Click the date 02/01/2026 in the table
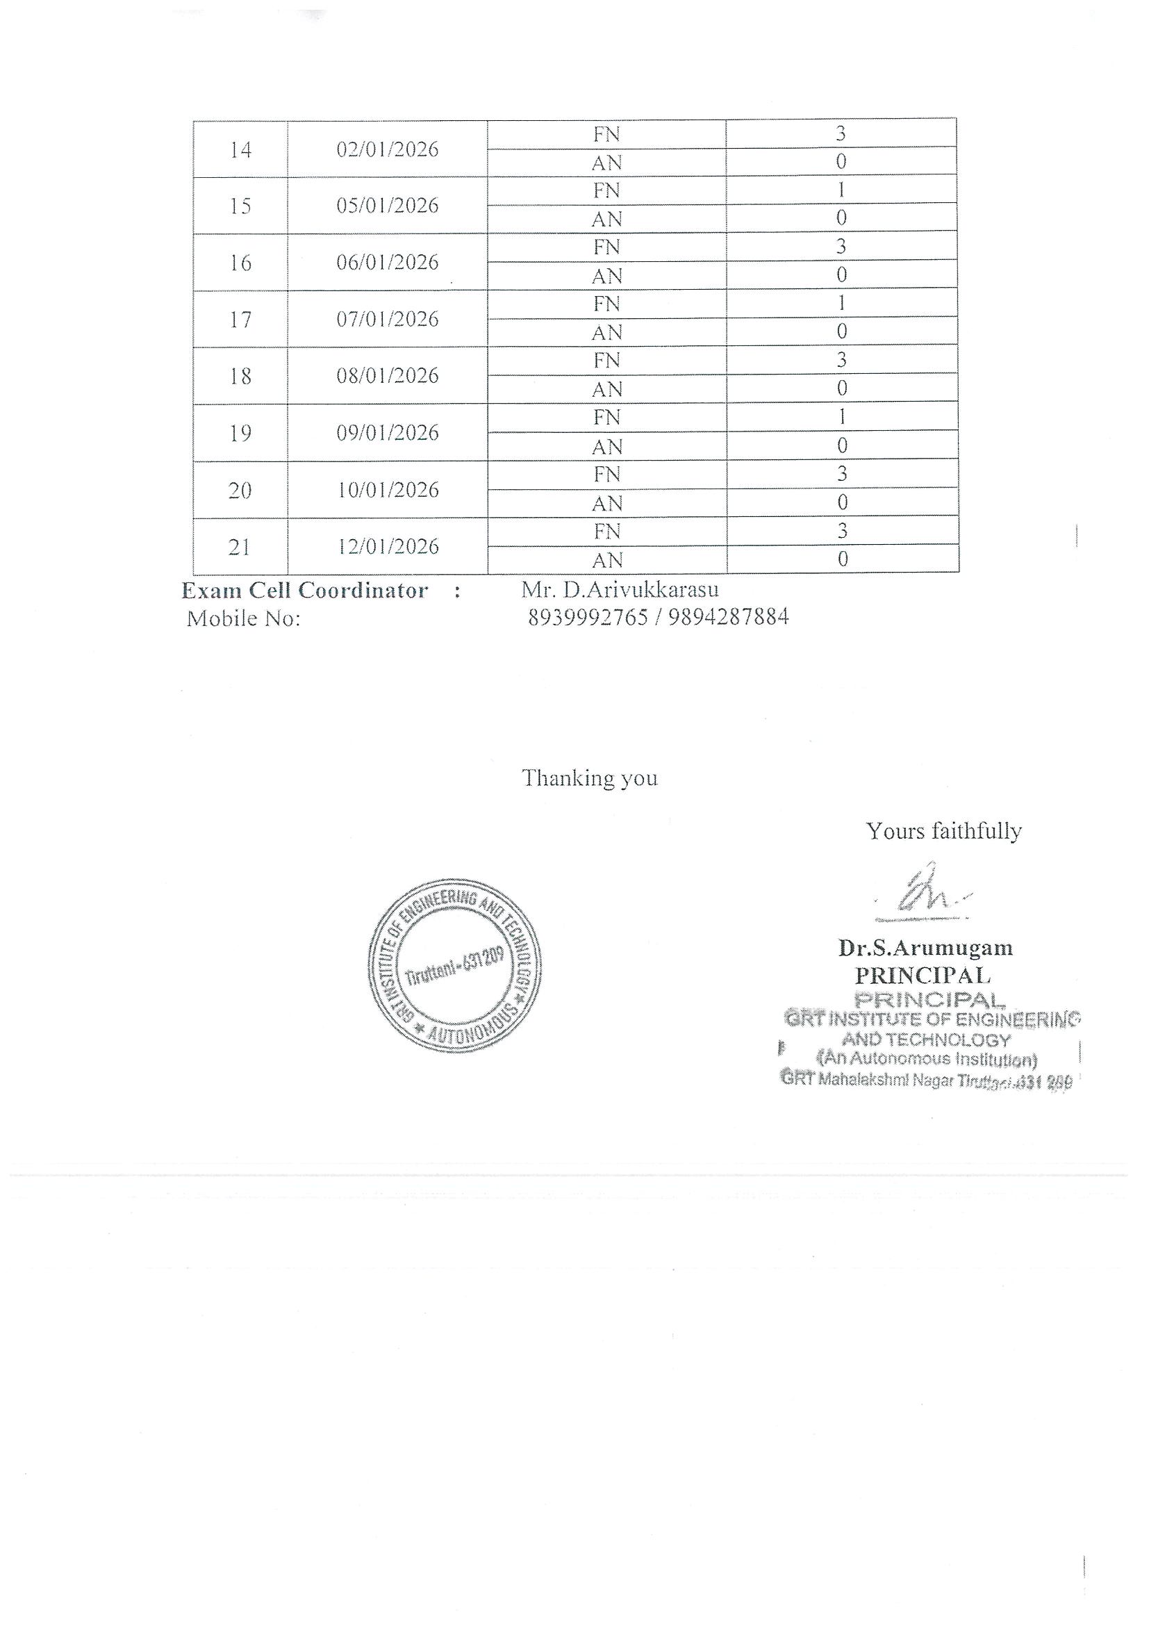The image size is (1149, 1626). pos(387,149)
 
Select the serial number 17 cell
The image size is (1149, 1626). pos(240,320)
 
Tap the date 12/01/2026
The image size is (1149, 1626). pos(388,547)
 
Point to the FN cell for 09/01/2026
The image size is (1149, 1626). pos(606,418)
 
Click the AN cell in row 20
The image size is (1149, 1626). pos(606,504)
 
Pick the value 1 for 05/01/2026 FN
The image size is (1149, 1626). pos(841,190)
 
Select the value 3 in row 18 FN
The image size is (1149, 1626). pos(841,361)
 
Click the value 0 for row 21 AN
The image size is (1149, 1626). pos(843,559)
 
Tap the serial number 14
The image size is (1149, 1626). pos(240,150)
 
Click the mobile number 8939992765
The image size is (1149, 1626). pos(588,618)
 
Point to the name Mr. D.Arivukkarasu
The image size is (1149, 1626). pos(620,589)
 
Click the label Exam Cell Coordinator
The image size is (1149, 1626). pos(304,591)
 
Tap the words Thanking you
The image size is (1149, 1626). pos(590,778)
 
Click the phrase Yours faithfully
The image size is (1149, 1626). pos(943,830)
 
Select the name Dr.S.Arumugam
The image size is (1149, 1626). pos(925,948)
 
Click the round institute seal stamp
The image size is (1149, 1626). pos(455,966)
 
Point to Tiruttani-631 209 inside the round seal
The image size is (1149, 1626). pos(454,967)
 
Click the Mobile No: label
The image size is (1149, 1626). pos(244,619)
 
